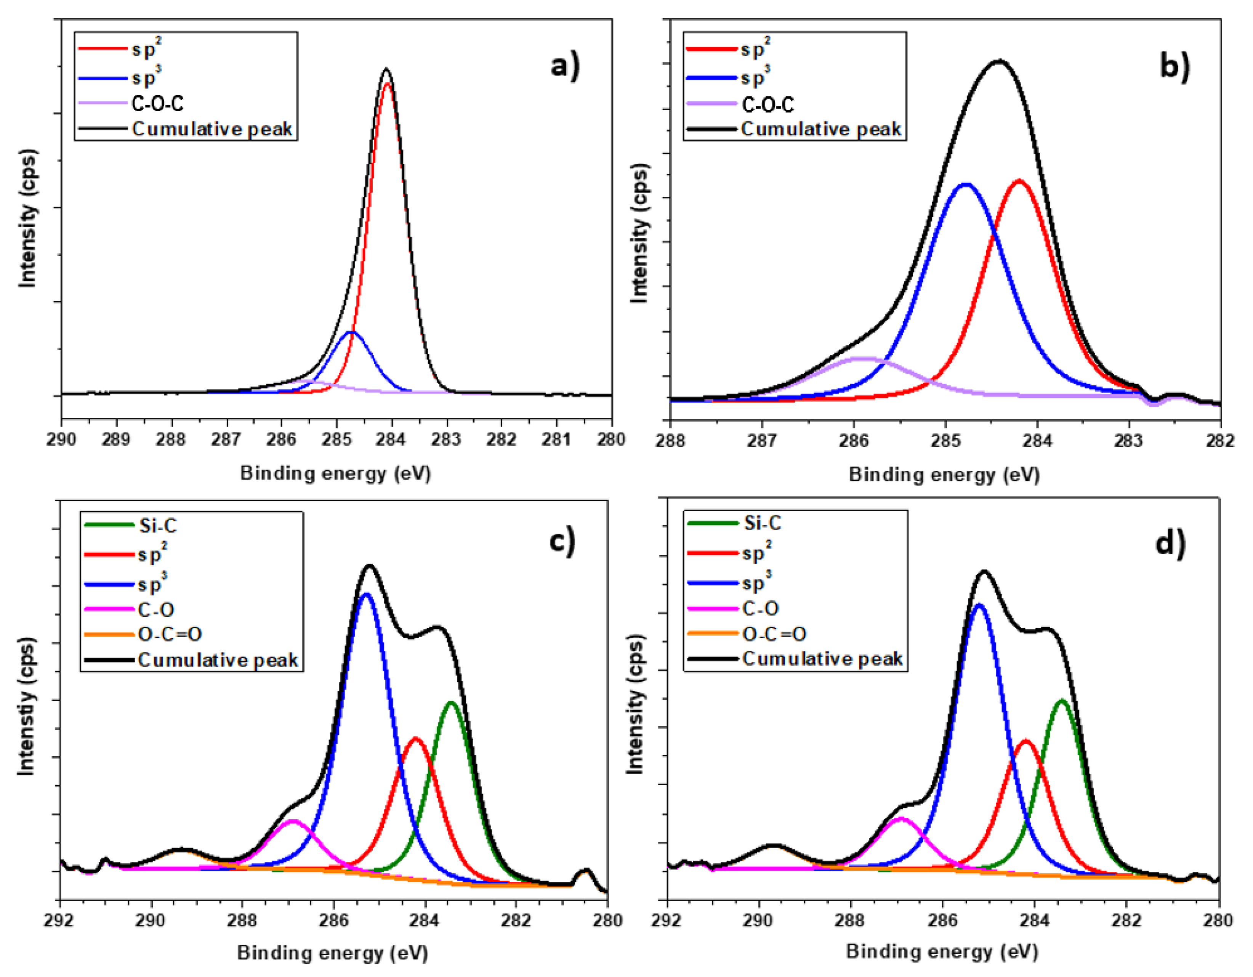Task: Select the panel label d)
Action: click(1170, 542)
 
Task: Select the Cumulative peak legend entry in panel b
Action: click(820, 130)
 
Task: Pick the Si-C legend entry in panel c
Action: click(157, 526)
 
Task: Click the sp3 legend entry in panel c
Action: click(152, 585)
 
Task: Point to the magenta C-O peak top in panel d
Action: click(901, 818)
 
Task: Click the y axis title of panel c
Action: click(26, 706)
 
